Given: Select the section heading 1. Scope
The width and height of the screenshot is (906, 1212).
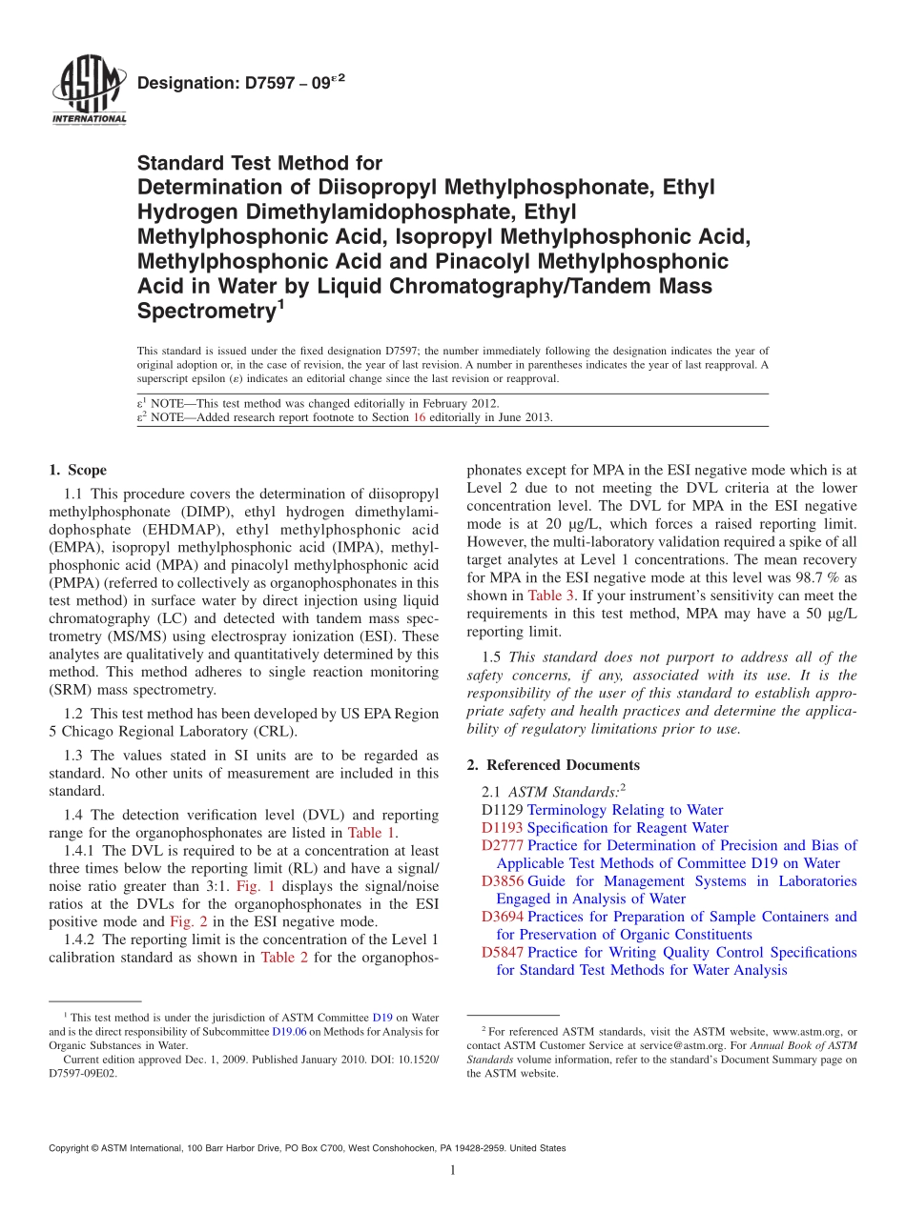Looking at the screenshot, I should (x=77, y=470).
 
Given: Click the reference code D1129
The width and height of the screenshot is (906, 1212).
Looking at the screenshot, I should (x=503, y=810).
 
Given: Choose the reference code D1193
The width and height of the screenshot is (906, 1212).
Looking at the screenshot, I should (x=503, y=828).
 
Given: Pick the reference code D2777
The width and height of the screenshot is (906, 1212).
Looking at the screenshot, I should (x=503, y=845).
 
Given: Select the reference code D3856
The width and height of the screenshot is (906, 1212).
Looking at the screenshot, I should (x=503, y=881).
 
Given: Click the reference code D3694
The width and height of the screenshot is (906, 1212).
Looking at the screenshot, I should (x=503, y=917).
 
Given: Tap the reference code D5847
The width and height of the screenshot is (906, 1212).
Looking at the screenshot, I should (x=503, y=952).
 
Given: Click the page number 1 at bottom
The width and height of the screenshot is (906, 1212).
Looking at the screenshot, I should (x=452, y=1171).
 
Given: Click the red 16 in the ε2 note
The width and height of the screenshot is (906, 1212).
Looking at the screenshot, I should (x=418, y=417).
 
